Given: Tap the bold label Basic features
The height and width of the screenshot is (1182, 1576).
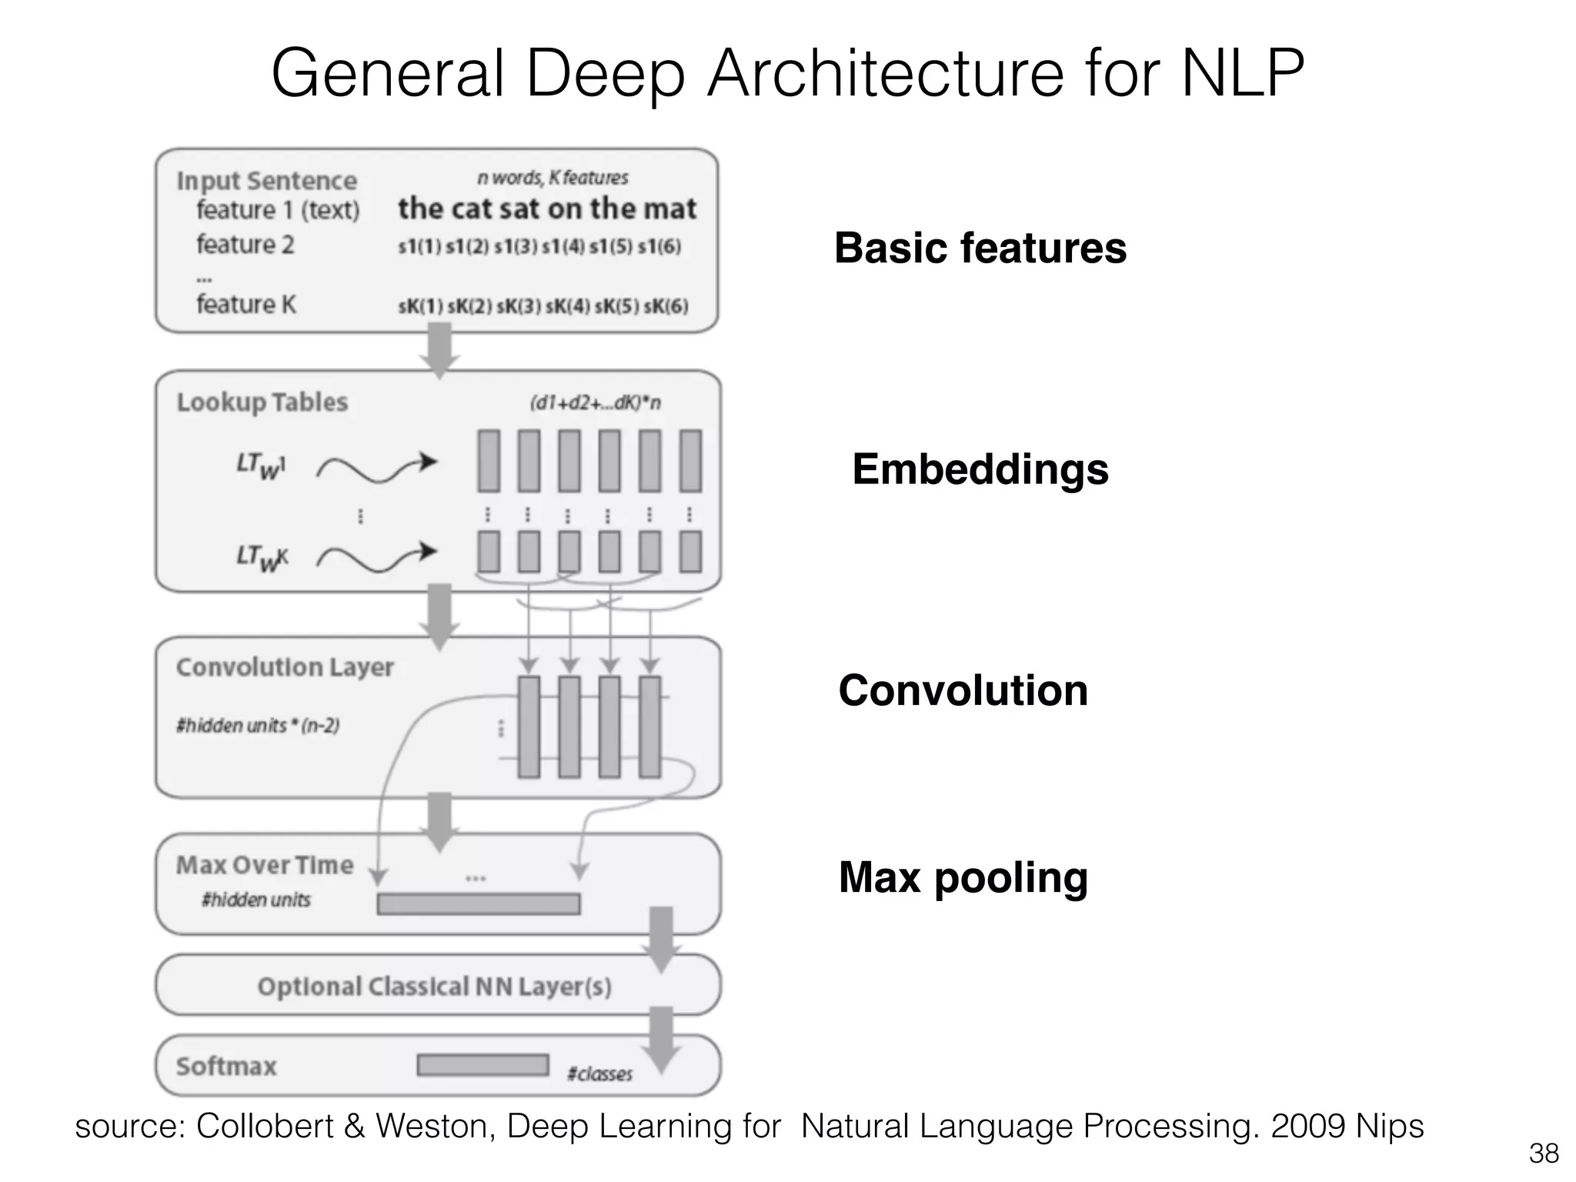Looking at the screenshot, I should (980, 248).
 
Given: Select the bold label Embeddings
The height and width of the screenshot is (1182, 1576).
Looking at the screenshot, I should (980, 469).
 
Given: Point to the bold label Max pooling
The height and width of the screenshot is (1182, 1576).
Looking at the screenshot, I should (963, 877).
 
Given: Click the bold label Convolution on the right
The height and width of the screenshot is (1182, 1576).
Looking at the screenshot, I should (963, 690).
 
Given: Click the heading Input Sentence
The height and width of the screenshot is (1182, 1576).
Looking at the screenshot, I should (266, 181).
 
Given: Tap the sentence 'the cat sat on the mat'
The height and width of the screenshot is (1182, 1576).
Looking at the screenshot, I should (546, 209).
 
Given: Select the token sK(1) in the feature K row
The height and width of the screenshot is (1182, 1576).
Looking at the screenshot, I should (420, 306).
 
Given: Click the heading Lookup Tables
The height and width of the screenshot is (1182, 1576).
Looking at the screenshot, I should (262, 402).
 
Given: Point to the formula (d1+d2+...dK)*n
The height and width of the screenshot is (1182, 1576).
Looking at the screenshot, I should (594, 403).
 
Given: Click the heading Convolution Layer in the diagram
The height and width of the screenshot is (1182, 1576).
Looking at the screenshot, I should (284, 667).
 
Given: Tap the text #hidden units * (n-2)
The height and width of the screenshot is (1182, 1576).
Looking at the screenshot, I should (258, 726).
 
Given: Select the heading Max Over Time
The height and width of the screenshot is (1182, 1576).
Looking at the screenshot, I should (264, 865).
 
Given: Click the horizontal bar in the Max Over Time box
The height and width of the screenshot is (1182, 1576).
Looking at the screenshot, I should (478, 903).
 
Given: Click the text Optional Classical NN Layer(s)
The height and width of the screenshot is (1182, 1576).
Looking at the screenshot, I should (434, 987).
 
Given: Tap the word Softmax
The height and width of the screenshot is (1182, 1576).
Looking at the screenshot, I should (225, 1067).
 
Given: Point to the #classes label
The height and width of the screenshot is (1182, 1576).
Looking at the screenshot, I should (599, 1074).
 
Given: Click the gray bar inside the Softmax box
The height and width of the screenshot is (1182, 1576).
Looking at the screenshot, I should (482, 1065).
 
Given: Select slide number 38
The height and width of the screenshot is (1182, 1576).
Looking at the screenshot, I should (1544, 1154).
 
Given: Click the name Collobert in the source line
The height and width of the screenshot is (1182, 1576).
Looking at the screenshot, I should (265, 1127).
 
